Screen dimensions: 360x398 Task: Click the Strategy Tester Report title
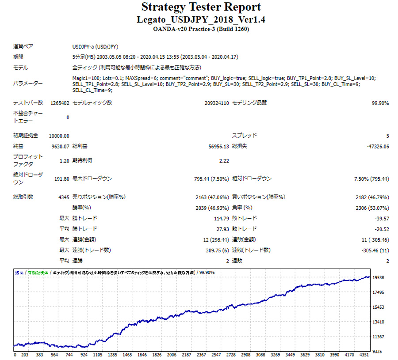(201, 8)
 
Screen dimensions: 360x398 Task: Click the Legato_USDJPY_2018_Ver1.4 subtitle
(201, 20)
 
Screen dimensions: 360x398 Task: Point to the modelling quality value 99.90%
(380, 103)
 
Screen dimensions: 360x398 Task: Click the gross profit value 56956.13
(219, 146)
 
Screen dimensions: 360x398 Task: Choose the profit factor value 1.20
(64, 160)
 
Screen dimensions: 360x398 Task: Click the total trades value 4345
(63, 197)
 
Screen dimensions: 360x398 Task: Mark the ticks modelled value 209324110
(214, 103)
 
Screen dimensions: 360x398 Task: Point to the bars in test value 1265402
(60, 103)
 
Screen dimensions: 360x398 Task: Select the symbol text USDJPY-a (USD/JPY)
(95, 46)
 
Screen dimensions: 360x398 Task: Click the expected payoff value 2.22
(224, 160)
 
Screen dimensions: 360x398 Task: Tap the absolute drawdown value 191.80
(61, 178)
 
